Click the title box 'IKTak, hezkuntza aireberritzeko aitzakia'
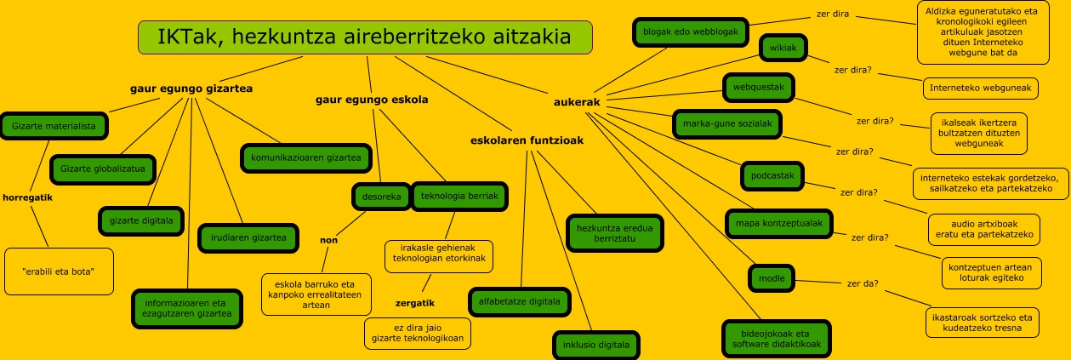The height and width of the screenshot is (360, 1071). [365, 37]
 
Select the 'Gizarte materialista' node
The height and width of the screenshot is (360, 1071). [54, 126]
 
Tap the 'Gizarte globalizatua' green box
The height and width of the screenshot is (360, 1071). [103, 169]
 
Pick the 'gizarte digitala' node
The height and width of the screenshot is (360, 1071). [141, 220]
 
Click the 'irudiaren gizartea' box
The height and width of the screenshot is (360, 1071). [248, 237]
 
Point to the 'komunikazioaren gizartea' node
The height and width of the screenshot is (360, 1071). [305, 157]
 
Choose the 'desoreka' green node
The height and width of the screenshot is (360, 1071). [381, 197]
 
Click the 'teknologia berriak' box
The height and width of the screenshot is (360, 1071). [459, 197]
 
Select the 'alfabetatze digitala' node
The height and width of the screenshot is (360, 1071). [520, 301]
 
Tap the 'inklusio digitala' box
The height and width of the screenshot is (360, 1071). [595, 345]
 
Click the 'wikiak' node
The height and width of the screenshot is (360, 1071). [783, 49]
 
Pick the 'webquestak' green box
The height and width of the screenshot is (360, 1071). [759, 87]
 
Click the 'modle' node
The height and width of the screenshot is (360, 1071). [772, 277]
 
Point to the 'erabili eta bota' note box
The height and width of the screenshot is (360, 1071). [59, 271]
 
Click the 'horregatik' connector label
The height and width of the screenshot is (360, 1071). [27, 197]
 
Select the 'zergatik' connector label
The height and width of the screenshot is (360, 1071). [415, 302]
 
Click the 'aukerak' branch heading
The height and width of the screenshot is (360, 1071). [577, 102]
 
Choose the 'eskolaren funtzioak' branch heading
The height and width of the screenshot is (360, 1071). [527, 140]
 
